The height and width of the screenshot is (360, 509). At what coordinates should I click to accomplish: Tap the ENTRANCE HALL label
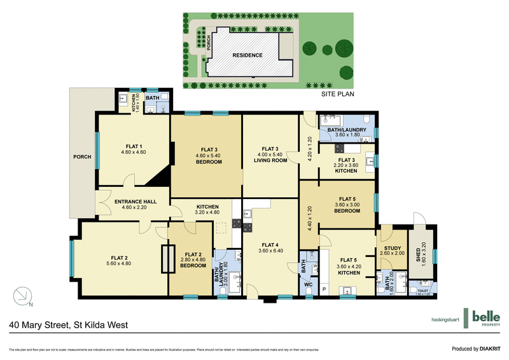tap(136, 202)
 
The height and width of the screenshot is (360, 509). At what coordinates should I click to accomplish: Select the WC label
tap(308, 285)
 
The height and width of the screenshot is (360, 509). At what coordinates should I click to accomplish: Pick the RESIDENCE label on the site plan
tap(247, 55)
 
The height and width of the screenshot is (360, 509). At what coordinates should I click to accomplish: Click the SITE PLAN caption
tap(337, 93)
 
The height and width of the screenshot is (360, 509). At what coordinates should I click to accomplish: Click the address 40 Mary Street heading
tap(69, 325)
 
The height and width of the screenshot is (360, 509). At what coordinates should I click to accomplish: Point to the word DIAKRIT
tap(490, 349)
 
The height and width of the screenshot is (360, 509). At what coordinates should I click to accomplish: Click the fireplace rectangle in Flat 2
tap(167, 259)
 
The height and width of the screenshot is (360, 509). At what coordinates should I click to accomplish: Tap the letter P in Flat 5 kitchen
tap(324, 289)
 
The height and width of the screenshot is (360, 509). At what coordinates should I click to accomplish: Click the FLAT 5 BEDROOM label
tap(347, 207)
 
